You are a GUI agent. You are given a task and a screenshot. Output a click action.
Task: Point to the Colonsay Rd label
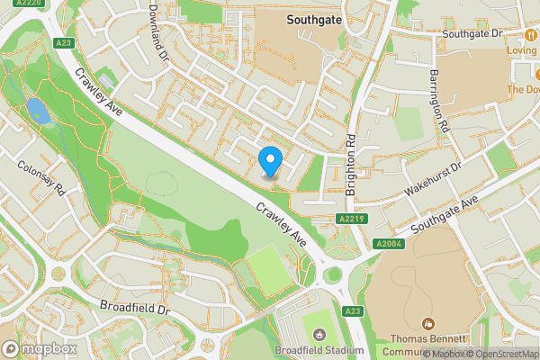point(42,177)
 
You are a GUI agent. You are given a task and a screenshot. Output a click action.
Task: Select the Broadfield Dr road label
point(135,308)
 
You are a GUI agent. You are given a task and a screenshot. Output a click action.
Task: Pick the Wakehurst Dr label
point(432,178)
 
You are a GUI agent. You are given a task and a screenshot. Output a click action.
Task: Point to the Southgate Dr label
point(471,33)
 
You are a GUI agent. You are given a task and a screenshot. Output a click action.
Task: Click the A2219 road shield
point(352,219)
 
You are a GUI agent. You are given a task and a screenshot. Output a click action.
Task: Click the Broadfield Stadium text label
point(319,350)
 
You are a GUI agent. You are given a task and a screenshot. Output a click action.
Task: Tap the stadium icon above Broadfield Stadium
point(319,335)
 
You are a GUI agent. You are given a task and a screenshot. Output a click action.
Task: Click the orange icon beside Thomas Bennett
point(428,323)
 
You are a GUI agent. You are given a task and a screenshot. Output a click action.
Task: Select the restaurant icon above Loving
point(532,34)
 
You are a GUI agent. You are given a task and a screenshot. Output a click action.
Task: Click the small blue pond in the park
point(38,112)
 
